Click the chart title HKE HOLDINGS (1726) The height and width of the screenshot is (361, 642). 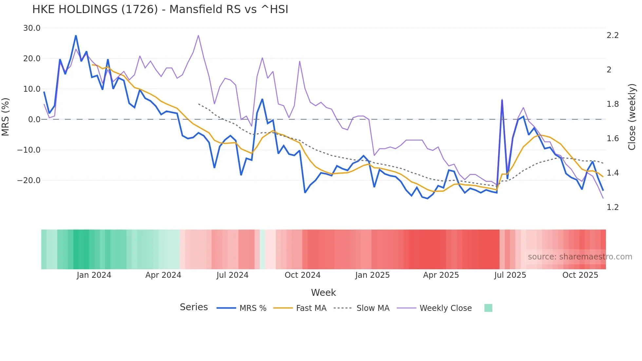(160, 9)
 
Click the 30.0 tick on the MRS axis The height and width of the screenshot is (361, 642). (32, 28)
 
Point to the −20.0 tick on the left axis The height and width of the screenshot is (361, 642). (29, 180)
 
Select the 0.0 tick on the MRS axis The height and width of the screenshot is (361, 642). (34, 120)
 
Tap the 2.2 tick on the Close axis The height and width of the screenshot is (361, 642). (613, 35)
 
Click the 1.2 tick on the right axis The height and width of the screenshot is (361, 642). (613, 207)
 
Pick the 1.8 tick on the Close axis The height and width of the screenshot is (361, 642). (613, 104)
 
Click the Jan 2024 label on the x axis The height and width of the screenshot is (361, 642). (94, 275)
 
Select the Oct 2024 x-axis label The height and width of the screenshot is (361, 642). (302, 275)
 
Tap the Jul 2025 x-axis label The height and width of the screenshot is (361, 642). (510, 275)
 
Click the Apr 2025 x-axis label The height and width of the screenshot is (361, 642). (441, 275)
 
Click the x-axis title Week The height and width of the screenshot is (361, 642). (323, 293)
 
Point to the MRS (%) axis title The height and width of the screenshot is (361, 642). (6, 117)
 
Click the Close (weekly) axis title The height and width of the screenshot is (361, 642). (632, 117)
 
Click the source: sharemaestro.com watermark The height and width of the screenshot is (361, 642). (580, 257)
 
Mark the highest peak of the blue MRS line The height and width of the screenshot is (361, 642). (76, 36)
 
